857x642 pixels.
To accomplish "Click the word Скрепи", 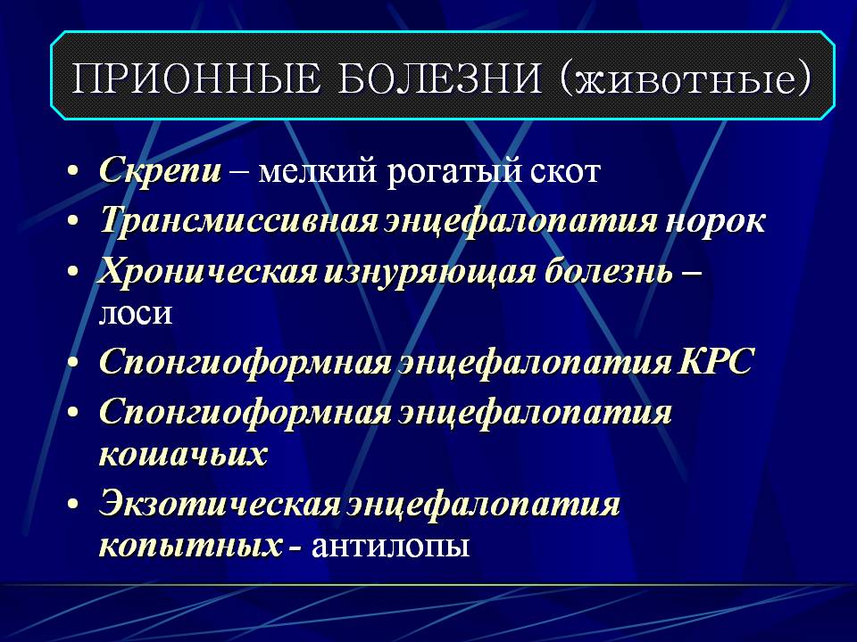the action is coord(161,171).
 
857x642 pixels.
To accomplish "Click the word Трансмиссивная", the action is coord(239,220).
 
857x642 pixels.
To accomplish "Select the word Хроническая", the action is coord(207,271).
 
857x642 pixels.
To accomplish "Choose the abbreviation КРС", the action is coord(715,360).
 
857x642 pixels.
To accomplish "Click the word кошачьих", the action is coord(183,454).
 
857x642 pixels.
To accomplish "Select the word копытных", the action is coord(190,545).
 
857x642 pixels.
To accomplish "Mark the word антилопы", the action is coord(390,546).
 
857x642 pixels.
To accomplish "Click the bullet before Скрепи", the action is coord(73,171).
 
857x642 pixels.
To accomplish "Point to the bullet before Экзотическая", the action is coord(73,505).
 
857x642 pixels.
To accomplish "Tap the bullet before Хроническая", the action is coord(73,272).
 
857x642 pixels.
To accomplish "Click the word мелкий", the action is coord(317,171).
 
